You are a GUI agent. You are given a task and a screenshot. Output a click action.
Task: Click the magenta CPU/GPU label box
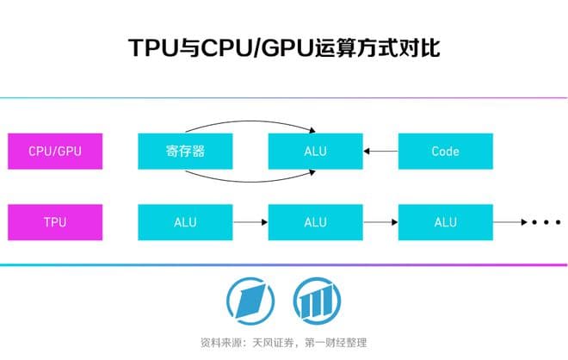pos(56,151)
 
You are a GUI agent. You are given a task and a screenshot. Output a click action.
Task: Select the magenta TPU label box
pos(56,222)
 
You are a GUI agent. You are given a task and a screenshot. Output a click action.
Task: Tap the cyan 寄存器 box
pos(185,151)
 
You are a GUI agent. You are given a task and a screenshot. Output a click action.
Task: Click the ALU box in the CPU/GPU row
pos(315,151)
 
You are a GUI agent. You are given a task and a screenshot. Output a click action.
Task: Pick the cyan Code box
pos(445,151)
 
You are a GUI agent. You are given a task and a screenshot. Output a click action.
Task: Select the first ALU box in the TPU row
pos(185,222)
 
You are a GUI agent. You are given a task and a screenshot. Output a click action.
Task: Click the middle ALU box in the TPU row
pos(315,222)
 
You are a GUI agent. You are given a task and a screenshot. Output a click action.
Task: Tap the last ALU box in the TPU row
pos(445,222)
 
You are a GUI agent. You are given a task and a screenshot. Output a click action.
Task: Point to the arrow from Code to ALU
pos(380,152)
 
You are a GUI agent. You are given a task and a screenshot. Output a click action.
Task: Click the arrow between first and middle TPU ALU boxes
pos(250,222)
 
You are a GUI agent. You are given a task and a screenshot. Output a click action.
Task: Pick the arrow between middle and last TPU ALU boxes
pos(380,222)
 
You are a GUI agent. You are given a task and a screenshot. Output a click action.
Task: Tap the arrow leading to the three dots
pos(509,222)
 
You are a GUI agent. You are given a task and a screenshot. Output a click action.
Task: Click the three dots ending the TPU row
pos(546,222)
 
